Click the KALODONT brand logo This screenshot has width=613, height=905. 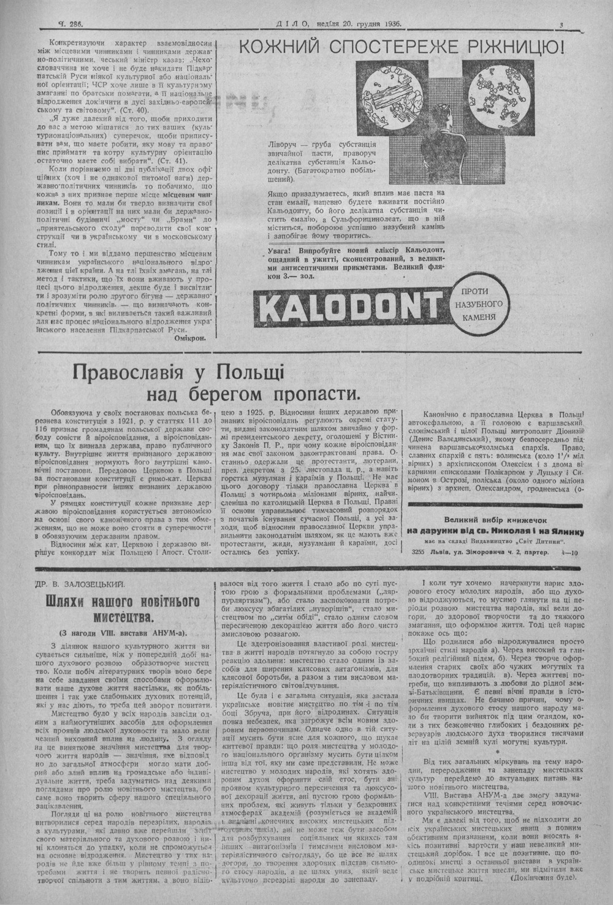coord(349,305)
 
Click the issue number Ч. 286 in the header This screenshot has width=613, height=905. coord(70,24)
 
